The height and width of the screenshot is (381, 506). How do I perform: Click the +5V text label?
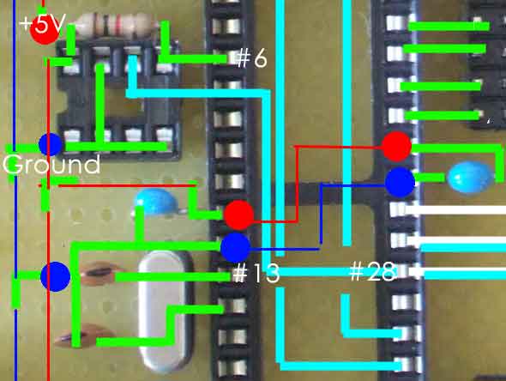click(x=43, y=23)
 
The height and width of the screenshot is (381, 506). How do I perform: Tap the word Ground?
click(x=51, y=165)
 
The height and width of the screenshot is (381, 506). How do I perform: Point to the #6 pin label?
click(x=251, y=58)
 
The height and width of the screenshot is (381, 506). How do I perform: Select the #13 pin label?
click(x=256, y=273)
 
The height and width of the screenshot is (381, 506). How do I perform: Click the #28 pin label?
click(x=373, y=271)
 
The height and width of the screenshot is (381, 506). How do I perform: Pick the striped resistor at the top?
click(x=116, y=24)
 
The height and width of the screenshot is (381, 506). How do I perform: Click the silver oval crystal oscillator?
click(x=166, y=311)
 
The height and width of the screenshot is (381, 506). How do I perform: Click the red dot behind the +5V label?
click(x=45, y=28)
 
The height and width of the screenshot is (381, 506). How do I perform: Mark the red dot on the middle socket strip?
click(x=238, y=215)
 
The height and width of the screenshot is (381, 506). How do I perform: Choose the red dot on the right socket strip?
click(x=396, y=147)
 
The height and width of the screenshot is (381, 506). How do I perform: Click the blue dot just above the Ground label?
click(x=51, y=145)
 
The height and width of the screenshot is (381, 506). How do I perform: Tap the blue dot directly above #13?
click(x=236, y=248)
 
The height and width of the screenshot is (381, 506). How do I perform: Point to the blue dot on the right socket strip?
click(x=400, y=183)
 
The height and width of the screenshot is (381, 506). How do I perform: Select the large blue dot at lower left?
click(x=55, y=276)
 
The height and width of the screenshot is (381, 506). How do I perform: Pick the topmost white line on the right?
click(x=455, y=210)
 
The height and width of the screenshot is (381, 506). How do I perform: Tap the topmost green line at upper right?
click(x=449, y=26)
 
